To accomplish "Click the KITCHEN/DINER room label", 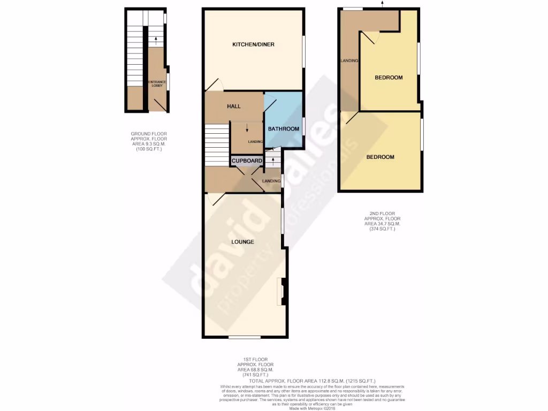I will (x=253, y=44).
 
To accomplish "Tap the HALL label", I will (x=233, y=106).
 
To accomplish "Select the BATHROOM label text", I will (x=283, y=129).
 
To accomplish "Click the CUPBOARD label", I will (x=247, y=161).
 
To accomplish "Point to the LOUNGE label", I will (x=242, y=242).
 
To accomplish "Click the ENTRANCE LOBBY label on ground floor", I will (x=157, y=83).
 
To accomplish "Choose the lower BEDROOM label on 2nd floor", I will (x=380, y=157).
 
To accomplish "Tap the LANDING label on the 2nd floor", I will (x=349, y=61).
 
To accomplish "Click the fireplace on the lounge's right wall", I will (x=281, y=292).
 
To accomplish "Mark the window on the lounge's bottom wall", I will (x=245, y=337).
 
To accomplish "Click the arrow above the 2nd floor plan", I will (x=382, y=4).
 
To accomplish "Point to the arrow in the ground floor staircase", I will (x=155, y=39).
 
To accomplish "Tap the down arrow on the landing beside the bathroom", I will (x=247, y=128).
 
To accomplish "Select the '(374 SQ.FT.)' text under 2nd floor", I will (x=382, y=229).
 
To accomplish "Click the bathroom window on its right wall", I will (x=303, y=127).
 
